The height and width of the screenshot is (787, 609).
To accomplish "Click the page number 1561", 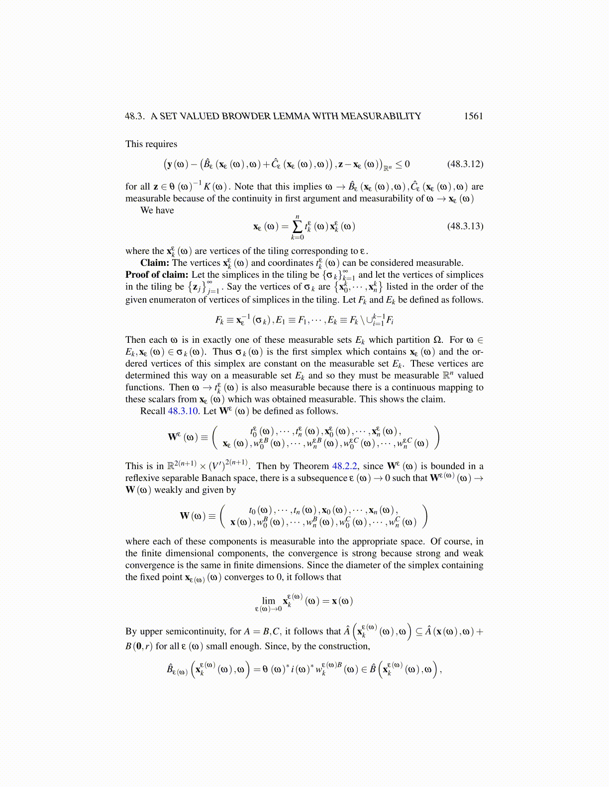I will [x=473, y=116].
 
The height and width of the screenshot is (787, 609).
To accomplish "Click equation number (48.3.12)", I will [x=465, y=164].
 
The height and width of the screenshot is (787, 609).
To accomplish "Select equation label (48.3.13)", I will [x=465, y=226].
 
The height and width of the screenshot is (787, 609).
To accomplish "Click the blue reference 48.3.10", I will [x=183, y=411].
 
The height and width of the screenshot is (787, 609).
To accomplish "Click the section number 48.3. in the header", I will [x=135, y=116].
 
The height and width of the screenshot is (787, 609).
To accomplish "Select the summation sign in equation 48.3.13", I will [x=297, y=227].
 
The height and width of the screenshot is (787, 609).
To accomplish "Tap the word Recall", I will [x=153, y=411].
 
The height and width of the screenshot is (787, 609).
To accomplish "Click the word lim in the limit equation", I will [x=269, y=600].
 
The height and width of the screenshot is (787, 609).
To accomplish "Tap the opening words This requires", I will [x=151, y=144].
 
